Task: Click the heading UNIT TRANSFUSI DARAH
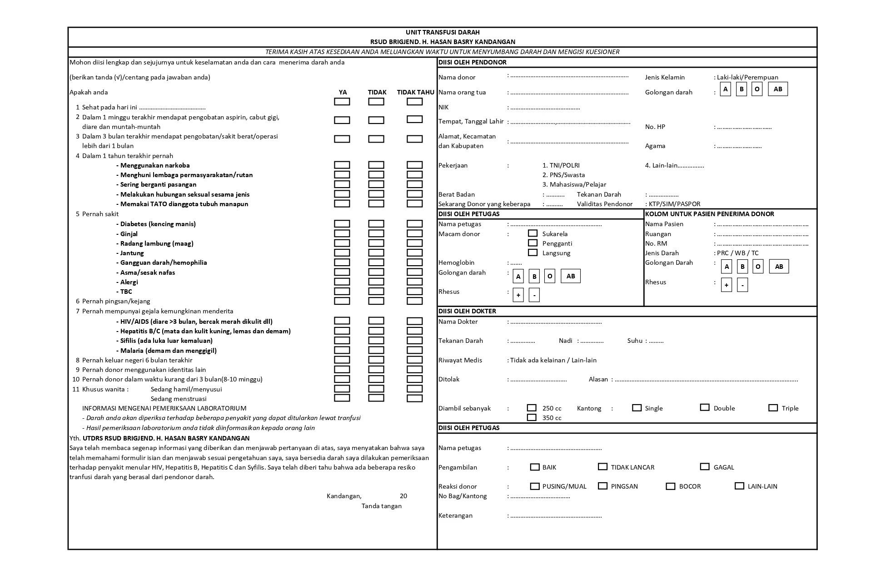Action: (443, 32)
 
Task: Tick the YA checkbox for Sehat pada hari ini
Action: (342, 102)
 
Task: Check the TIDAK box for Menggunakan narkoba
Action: (376, 165)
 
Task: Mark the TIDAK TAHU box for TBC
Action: (414, 291)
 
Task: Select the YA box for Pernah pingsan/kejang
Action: (342, 301)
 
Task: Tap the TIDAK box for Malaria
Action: (376, 350)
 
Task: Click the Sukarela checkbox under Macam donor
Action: (533, 233)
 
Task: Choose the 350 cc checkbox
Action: (532, 417)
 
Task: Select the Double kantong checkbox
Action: (705, 407)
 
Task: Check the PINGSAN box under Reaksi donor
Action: (603, 486)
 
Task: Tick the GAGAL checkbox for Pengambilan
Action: (705, 466)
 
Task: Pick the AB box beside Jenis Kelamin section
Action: (778, 89)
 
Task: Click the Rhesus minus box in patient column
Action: (742, 285)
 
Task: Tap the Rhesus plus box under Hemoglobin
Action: (518, 295)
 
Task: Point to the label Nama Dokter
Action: (458, 322)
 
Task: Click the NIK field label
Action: (443, 107)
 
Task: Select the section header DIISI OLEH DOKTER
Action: (467, 311)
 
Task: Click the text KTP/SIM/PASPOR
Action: (674, 204)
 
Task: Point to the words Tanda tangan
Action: (382, 506)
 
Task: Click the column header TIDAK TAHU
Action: (415, 92)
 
